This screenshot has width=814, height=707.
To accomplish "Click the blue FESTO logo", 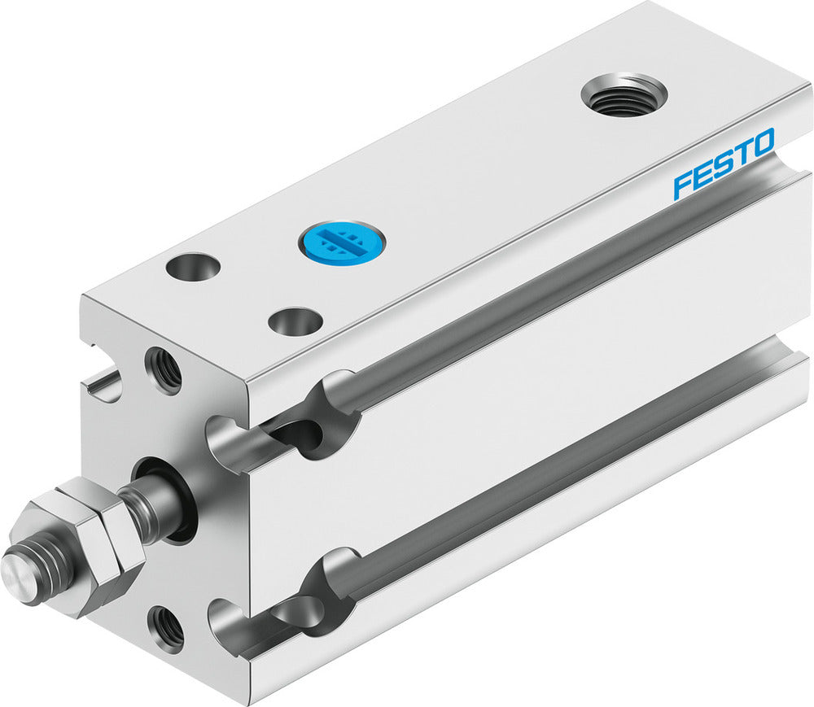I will (x=723, y=164).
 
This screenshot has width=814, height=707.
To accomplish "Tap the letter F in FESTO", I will (x=682, y=185).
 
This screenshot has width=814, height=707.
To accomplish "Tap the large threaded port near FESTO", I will (x=624, y=97).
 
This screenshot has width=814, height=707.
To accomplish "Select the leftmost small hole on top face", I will (x=193, y=267).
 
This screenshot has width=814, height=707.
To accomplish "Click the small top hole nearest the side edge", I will (x=294, y=321).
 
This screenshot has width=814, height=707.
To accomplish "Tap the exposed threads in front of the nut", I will (x=41, y=570).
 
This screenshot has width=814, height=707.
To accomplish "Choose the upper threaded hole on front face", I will (x=163, y=370).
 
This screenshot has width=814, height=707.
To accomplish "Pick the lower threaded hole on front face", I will (x=165, y=629).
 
